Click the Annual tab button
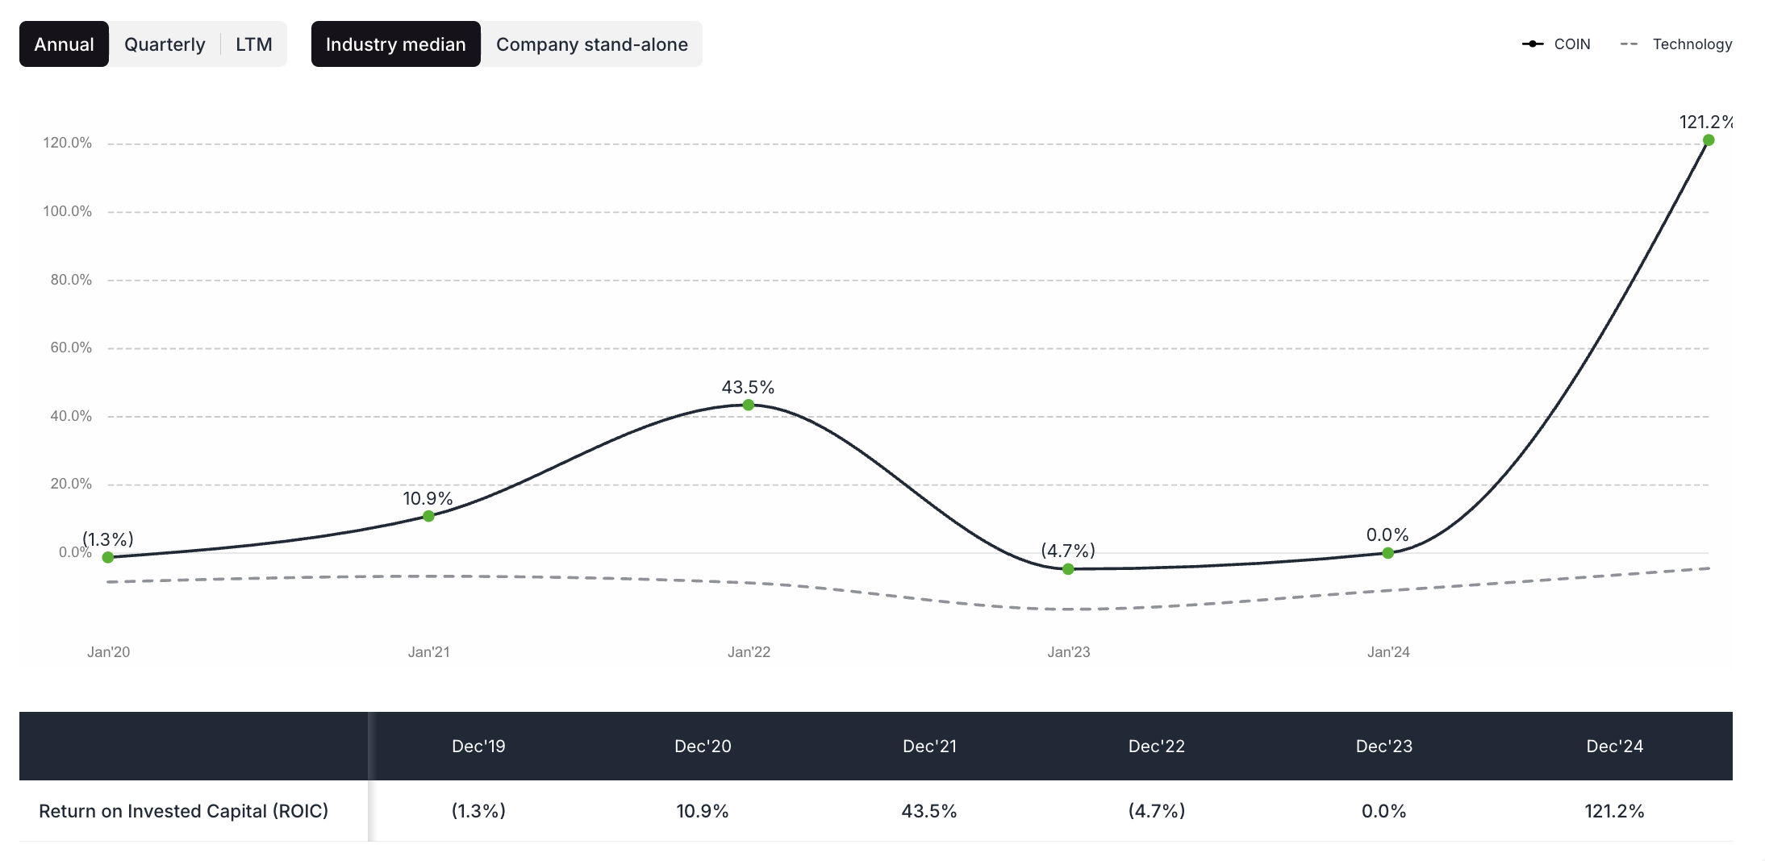click(64, 44)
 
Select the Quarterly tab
click(165, 44)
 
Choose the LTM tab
click(253, 44)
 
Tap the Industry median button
click(395, 44)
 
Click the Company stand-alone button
click(591, 44)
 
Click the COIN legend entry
click(1557, 44)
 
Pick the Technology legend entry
click(1677, 44)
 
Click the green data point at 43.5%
click(749, 405)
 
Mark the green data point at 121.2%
click(1708, 140)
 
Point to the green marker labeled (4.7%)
click(1068, 569)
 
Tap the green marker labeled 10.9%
click(428, 516)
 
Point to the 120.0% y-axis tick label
click(68, 143)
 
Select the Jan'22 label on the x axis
click(749, 652)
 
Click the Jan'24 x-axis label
click(1388, 652)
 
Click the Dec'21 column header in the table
click(929, 747)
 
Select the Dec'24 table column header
click(1614, 747)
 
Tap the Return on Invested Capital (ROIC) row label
click(184, 811)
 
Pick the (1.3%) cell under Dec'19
click(478, 811)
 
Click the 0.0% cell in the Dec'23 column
click(1383, 811)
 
